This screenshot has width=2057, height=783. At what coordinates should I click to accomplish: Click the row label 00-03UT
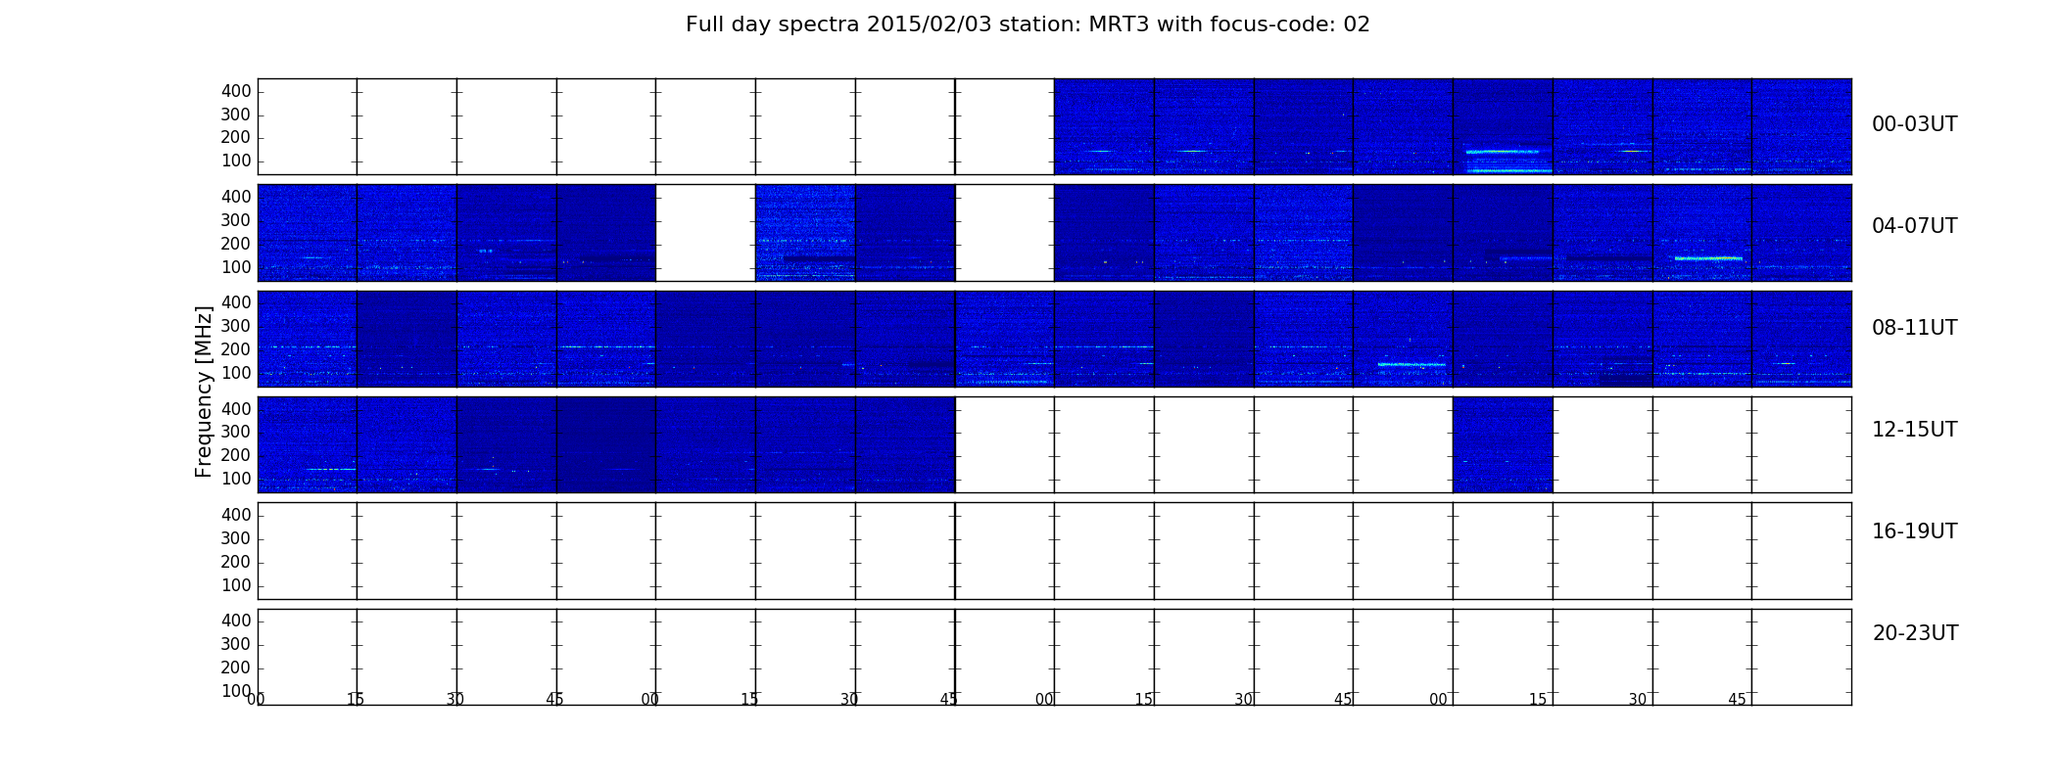click(1914, 124)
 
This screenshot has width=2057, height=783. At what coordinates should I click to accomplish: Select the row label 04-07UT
click(1914, 226)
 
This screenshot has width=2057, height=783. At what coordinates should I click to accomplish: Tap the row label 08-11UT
click(1914, 328)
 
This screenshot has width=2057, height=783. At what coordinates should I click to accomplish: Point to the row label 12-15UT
click(1914, 430)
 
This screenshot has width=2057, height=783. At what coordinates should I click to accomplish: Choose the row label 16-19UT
click(1914, 531)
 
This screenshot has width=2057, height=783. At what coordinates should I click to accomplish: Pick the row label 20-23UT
click(1915, 633)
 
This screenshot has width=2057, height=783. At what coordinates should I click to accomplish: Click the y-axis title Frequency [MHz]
click(204, 391)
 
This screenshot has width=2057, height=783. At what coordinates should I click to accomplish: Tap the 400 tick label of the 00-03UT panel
click(236, 91)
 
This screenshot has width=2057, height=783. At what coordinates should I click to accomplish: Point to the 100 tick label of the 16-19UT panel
click(236, 585)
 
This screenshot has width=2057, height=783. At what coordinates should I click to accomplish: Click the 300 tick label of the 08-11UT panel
click(236, 326)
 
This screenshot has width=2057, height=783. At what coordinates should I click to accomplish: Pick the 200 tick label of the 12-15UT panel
click(236, 455)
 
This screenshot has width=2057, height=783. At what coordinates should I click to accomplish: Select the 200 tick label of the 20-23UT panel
click(236, 668)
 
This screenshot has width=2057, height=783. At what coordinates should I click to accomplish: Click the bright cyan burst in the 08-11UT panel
click(1411, 364)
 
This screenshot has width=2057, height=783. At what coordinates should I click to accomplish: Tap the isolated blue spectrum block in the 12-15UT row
click(1503, 444)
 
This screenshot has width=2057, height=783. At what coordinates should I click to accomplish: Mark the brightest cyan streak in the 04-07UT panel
click(1708, 258)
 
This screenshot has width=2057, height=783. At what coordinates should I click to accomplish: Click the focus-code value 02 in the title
click(1357, 24)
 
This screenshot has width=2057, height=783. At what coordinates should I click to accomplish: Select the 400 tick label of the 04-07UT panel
click(236, 197)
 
